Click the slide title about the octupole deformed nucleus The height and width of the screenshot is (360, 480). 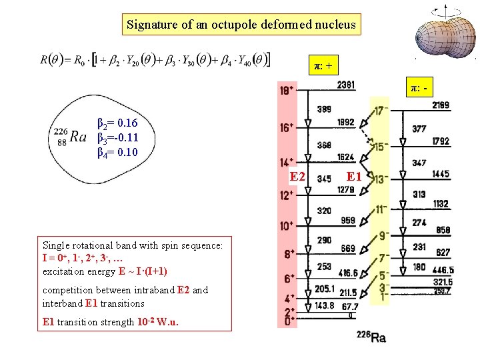[242, 25]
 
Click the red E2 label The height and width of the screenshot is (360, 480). [297, 177]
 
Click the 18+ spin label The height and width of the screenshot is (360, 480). [287, 90]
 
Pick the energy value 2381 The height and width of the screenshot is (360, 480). [345, 85]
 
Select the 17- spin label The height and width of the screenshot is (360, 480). [381, 111]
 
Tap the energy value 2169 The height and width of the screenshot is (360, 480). [440, 105]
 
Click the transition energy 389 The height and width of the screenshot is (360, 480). [324, 109]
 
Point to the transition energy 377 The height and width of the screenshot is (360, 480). [419, 129]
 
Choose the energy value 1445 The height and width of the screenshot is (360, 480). [440, 175]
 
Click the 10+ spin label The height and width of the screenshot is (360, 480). [287, 226]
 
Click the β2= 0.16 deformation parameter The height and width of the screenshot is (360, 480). [118, 123]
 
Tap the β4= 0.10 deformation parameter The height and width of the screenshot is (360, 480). [118, 153]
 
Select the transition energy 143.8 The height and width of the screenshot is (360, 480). [325, 305]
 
